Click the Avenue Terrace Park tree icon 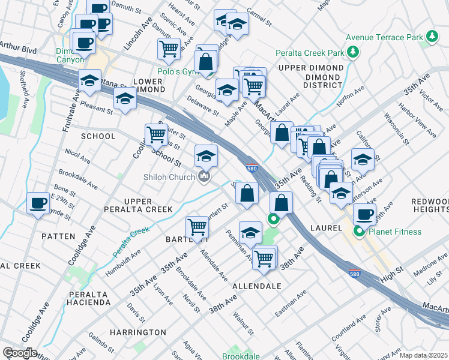tap(432, 37)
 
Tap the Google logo tap(20, 353)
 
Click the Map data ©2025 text tap(423, 355)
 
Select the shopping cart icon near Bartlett tap(197, 227)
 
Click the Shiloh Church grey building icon tap(205, 177)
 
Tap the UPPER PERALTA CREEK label tap(148, 205)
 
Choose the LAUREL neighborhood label tap(326, 228)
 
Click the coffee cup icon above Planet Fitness tap(364, 214)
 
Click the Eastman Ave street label tap(291, 304)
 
